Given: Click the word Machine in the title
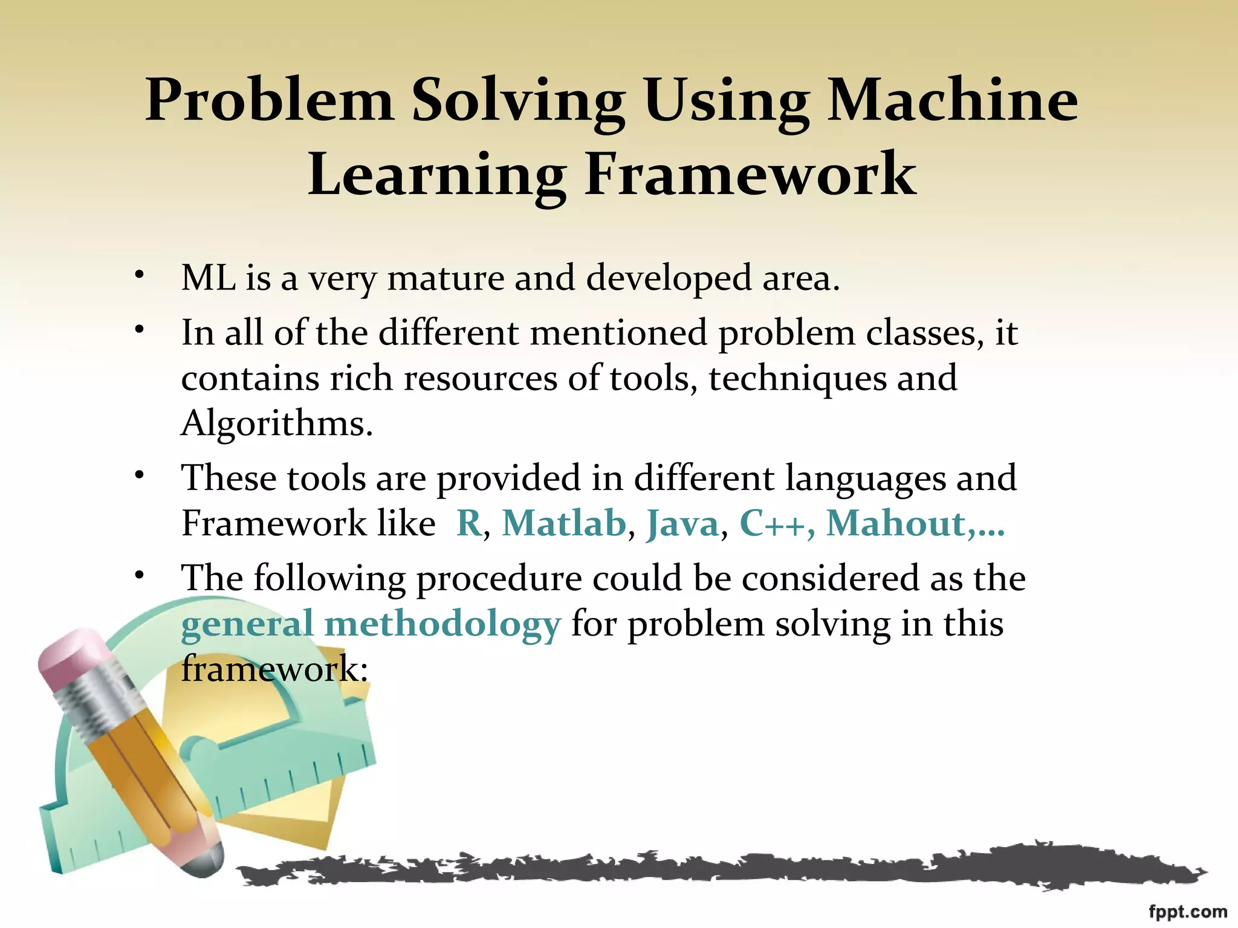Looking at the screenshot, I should pyautogui.click(x=952, y=101).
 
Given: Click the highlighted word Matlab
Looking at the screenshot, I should pyautogui.click(x=564, y=523).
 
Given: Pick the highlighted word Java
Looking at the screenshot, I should pyautogui.click(x=682, y=523).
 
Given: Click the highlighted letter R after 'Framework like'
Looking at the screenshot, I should pyautogui.click(x=469, y=523).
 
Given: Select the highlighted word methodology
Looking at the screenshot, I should pyautogui.click(x=443, y=625).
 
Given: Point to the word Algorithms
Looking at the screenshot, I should pyautogui.click(x=277, y=424).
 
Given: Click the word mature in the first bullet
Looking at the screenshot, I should pyautogui.click(x=446, y=279).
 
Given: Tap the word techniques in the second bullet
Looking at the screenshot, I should pyautogui.click(x=797, y=379).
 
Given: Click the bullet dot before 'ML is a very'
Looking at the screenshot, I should pyautogui.click(x=140, y=275).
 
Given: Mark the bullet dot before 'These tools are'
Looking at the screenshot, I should pyautogui.click(x=140, y=475).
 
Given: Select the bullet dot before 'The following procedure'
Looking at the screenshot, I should pyautogui.click(x=140, y=575).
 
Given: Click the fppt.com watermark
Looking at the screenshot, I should pyautogui.click(x=1187, y=912).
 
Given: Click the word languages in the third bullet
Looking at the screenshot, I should pyautogui.click(x=865, y=478).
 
